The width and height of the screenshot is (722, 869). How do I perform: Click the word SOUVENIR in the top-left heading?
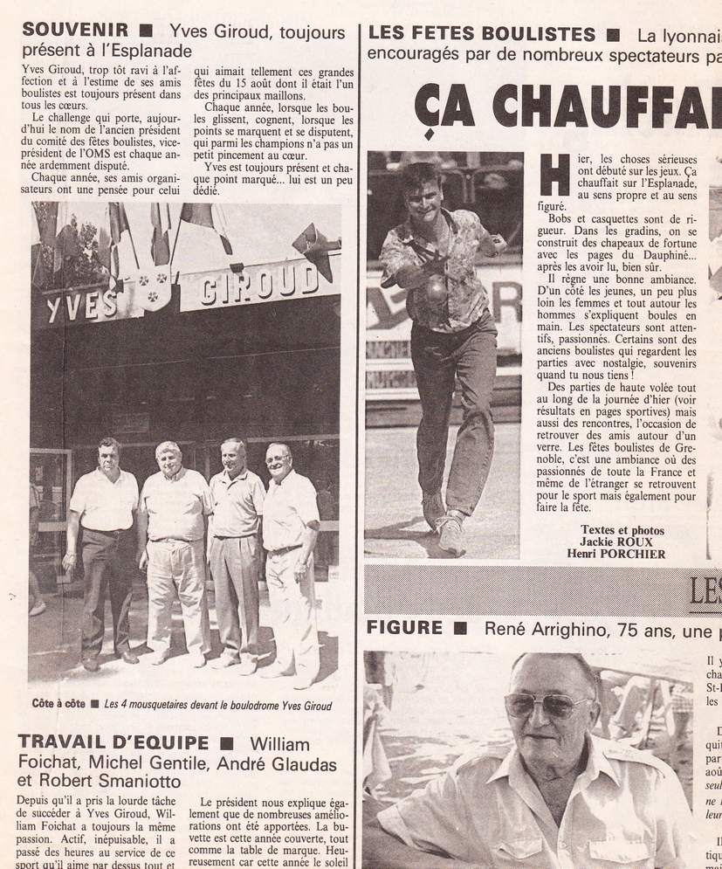[x=75, y=31]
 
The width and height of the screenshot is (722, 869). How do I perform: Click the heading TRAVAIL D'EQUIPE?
[x=113, y=743]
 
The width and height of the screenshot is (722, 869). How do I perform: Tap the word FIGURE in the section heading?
[x=404, y=628]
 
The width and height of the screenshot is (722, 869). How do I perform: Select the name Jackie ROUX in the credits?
[x=622, y=541]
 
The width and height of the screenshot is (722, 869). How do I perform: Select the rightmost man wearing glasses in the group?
[x=289, y=559]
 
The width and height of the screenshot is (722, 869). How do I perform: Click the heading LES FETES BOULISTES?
[x=481, y=35]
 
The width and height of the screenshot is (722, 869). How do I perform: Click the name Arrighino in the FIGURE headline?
[x=548, y=629]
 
